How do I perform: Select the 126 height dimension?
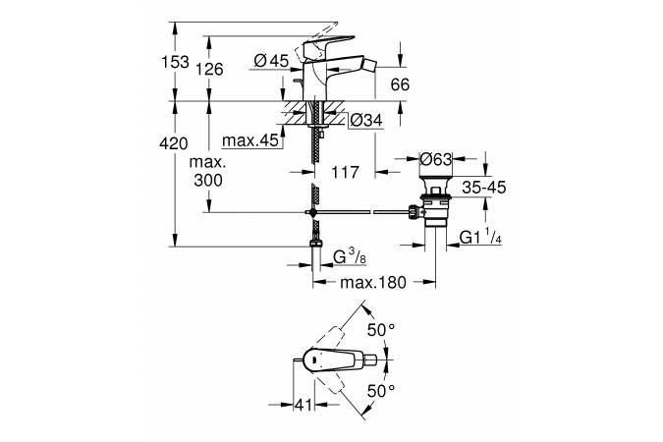tap(208, 69)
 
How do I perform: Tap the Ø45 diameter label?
tap(270, 61)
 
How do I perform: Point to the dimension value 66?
tap(400, 85)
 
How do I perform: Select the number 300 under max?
tap(208, 180)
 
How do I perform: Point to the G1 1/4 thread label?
tap(480, 236)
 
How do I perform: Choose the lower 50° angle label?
tap(380, 391)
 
